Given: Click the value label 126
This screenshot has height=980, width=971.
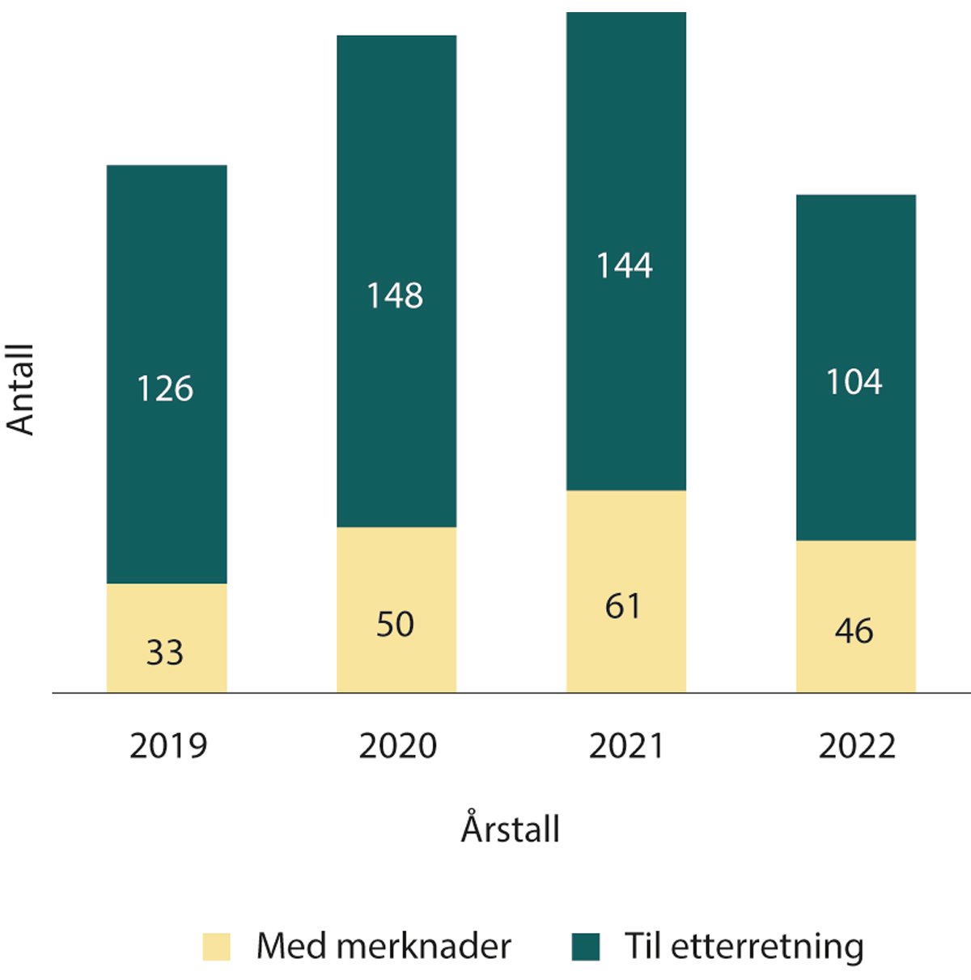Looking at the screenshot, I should (165, 389).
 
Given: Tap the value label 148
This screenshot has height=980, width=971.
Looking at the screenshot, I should (395, 295).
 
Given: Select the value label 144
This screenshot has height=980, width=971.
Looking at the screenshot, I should (624, 265).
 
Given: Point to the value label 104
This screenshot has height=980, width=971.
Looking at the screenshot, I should (854, 381).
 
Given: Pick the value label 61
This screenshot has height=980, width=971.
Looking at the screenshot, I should (623, 606).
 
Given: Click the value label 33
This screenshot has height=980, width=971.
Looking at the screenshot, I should (165, 652).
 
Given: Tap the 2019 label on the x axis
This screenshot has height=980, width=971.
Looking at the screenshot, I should (168, 745).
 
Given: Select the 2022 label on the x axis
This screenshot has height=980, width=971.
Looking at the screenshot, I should (857, 745).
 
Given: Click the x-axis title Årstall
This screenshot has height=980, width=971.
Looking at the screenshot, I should (511, 829).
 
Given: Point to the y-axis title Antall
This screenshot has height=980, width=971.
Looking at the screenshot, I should (21, 389).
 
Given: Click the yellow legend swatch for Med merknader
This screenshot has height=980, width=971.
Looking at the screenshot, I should (216, 946).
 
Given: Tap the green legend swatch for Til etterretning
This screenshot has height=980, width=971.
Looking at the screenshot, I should (586, 946).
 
